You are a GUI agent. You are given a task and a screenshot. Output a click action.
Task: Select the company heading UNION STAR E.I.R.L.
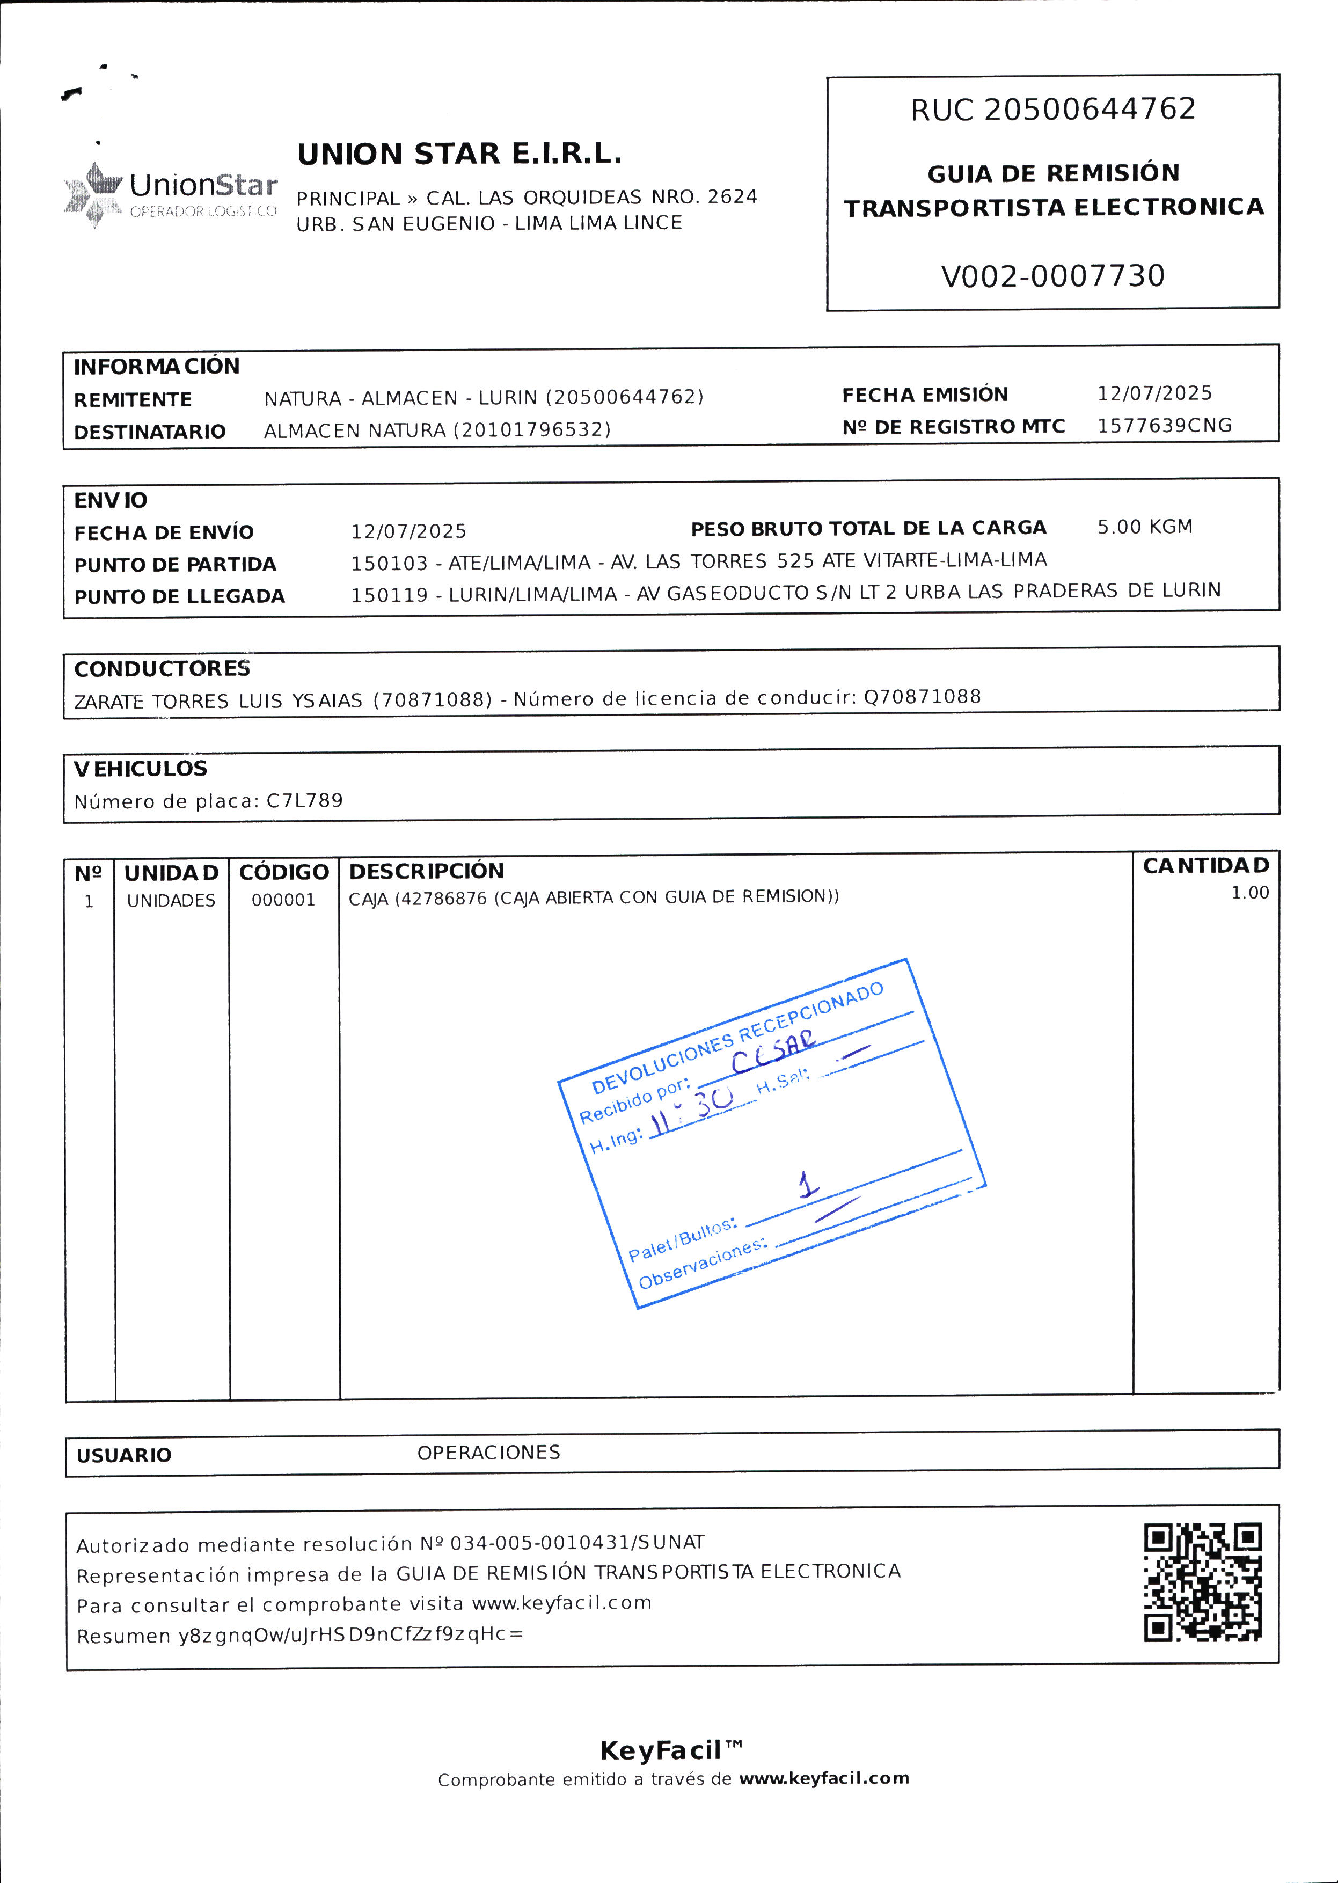[x=459, y=154]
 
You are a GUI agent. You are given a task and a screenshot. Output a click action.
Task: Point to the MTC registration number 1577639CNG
[x=1164, y=425]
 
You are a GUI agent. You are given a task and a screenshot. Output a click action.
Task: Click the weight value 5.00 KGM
[x=1144, y=527]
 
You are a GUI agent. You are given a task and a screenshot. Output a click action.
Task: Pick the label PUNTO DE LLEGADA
[x=180, y=597]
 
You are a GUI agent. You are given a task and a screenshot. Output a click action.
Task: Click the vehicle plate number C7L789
[x=304, y=801]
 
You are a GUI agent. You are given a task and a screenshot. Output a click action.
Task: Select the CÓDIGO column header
[x=283, y=872]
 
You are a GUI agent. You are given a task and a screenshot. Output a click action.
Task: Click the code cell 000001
[x=283, y=900]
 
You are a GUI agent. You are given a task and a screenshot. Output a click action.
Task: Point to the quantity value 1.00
[x=1249, y=893]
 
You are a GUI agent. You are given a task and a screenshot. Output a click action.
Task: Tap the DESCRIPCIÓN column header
[x=426, y=871]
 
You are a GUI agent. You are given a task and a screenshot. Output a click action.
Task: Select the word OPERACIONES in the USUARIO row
[x=488, y=1453]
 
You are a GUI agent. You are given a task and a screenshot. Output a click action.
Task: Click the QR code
[x=1202, y=1582]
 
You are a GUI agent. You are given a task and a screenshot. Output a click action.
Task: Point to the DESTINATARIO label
[x=150, y=432]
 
